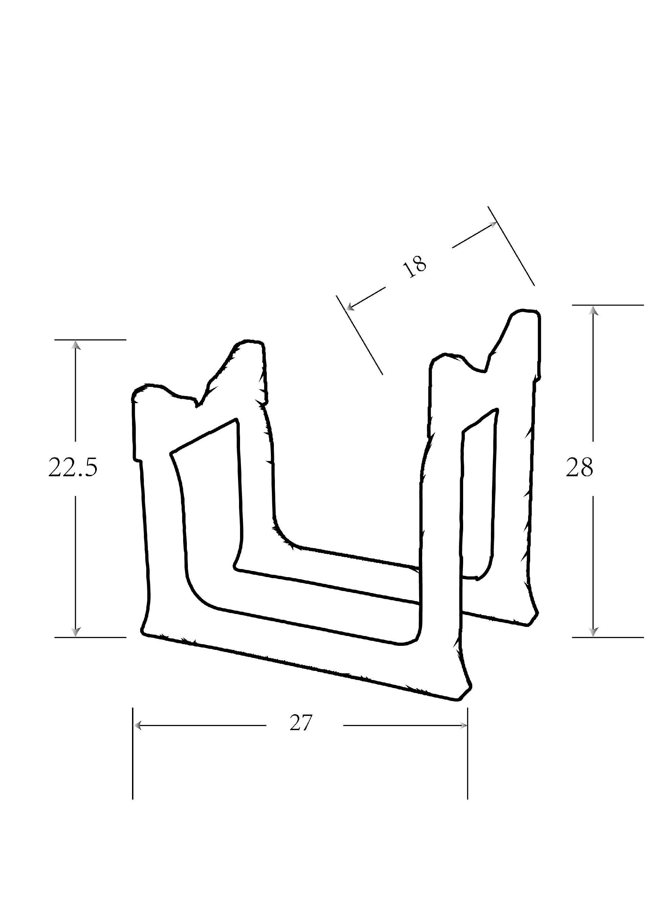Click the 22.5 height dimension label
73,467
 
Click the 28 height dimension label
579,467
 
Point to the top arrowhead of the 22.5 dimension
75,345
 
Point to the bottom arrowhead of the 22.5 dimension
75,631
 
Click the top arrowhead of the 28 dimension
593,311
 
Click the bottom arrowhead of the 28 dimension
593,631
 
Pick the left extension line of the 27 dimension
132,757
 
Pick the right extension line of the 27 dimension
468,757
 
